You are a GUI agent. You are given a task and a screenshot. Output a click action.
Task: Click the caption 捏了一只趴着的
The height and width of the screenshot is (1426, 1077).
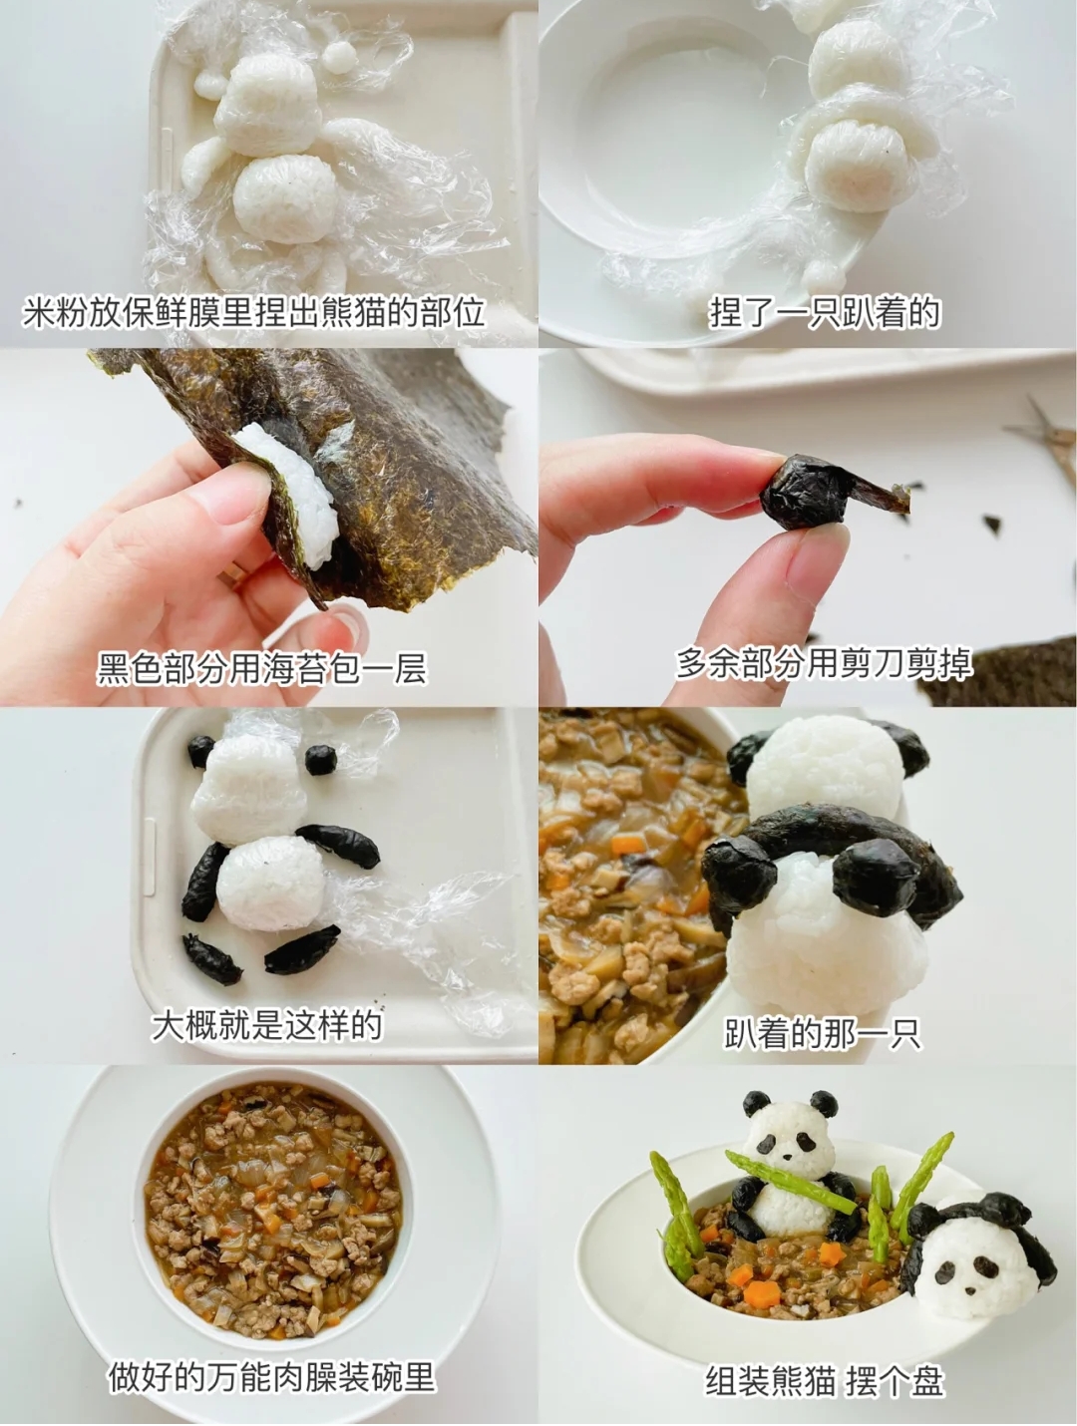[825, 312]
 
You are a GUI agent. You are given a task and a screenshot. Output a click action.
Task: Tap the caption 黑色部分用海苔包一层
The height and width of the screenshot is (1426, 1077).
[261, 667]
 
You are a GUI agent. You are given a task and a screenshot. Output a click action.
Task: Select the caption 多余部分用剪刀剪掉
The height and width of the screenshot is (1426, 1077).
[823, 662]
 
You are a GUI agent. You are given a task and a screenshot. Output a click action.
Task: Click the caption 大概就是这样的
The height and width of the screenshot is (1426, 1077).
[266, 1024]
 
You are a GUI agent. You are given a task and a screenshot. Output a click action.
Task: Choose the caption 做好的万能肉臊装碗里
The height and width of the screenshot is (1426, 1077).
[271, 1377]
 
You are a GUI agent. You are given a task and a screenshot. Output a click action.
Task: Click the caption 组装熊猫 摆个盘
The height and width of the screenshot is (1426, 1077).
[824, 1381]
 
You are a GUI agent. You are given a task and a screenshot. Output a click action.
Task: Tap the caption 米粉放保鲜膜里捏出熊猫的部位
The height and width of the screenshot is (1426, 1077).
[253, 312]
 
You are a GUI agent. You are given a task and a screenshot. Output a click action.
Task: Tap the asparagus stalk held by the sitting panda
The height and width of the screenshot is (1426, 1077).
[793, 1184]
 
